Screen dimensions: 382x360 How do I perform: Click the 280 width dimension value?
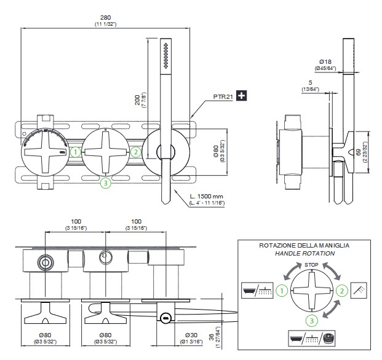pos(105,18)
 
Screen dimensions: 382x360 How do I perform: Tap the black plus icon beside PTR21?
pos(241,95)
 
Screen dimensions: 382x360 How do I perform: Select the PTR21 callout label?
pos(223,96)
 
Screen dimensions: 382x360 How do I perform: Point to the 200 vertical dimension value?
pos(138,100)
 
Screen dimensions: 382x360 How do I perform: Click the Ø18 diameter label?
pos(325,62)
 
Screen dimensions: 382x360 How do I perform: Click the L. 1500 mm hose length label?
pos(206,197)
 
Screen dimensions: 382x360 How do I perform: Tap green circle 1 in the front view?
pos(76,152)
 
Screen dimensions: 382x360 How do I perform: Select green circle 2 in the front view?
pos(136,152)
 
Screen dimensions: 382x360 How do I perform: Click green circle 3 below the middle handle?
pos(106,183)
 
